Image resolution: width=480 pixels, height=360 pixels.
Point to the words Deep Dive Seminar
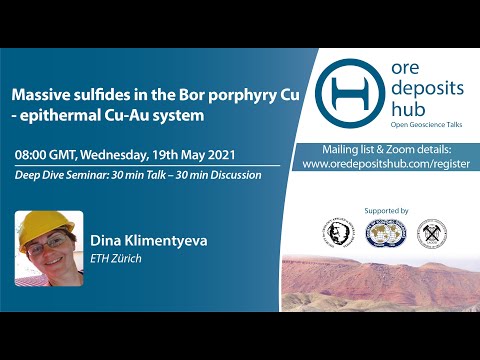click(59, 175)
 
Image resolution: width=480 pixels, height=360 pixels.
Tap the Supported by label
click(388, 211)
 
